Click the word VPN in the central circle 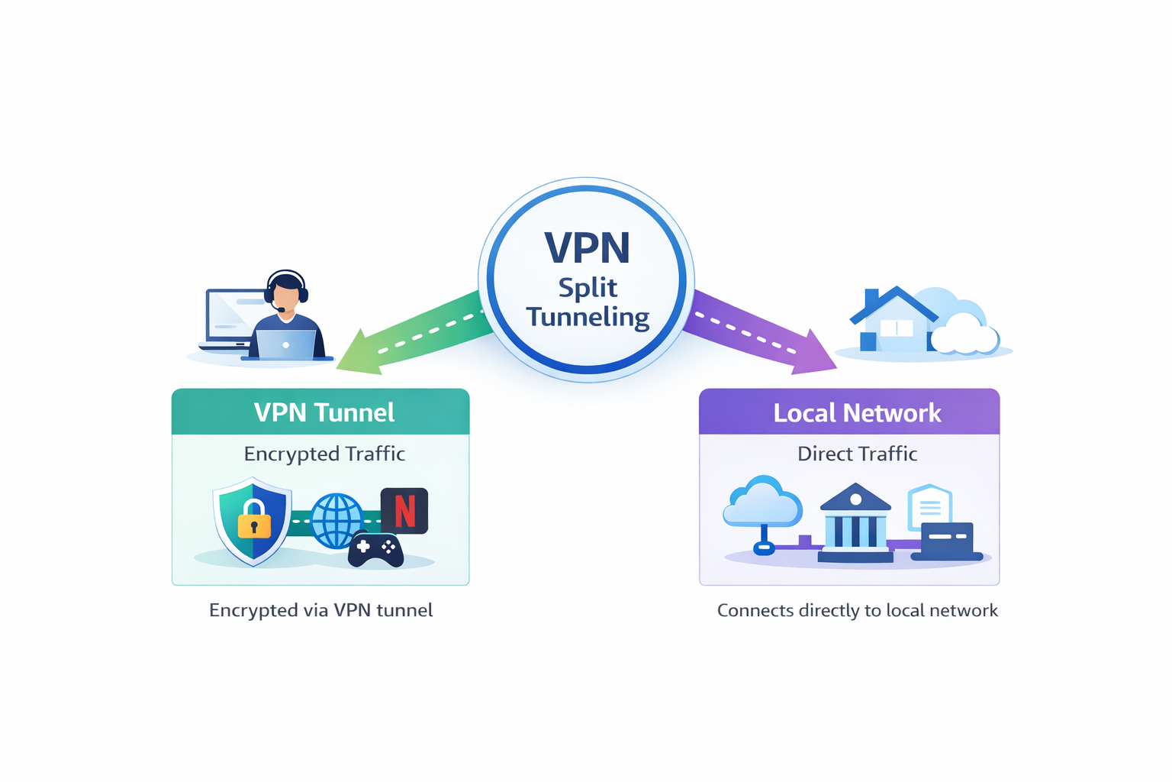tap(587, 247)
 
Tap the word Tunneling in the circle tap(587, 316)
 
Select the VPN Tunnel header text tap(324, 412)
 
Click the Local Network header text tap(856, 413)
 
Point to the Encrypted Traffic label tap(324, 454)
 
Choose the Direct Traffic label tap(856, 454)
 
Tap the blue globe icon tap(336, 520)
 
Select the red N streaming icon tap(404, 510)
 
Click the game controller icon tap(375, 550)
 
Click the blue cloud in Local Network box tap(762, 504)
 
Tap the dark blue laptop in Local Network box tap(947, 541)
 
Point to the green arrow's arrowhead tap(359, 354)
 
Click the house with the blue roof tap(893, 321)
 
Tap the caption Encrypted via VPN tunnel tap(320, 610)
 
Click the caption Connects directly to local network tap(856, 610)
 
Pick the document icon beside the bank tap(929, 505)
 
